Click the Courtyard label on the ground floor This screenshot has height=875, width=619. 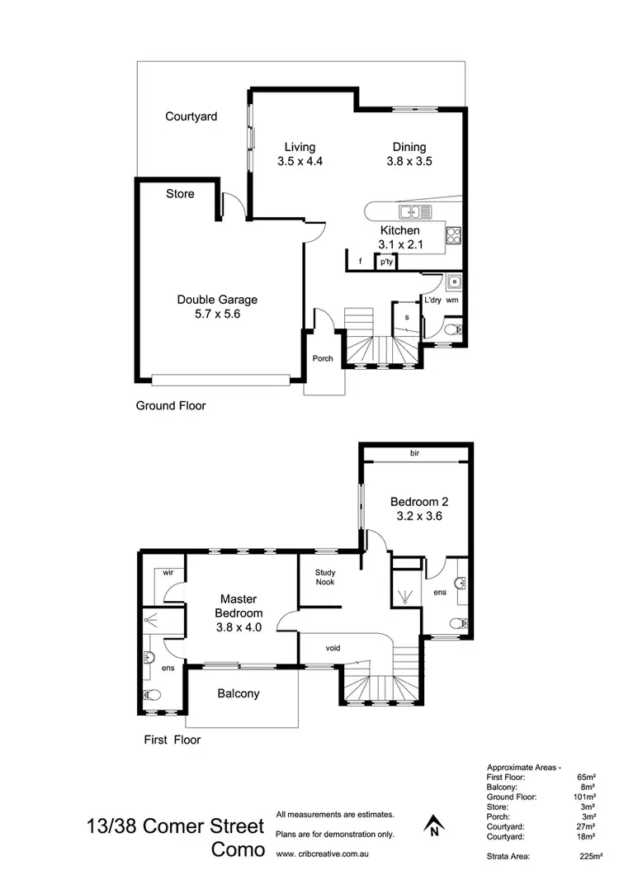(191, 116)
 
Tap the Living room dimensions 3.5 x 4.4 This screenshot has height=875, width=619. (300, 162)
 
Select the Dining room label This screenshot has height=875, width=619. (409, 148)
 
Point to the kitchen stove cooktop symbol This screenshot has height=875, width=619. (453, 234)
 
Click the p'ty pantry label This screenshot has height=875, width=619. (386, 262)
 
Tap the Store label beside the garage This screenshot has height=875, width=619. (180, 193)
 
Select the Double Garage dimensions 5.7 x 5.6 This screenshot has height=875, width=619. (217, 314)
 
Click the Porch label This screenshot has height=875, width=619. (323, 358)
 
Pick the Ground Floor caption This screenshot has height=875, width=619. (171, 405)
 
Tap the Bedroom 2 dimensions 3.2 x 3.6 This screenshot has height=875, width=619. (419, 517)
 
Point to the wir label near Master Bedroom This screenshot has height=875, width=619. (167, 571)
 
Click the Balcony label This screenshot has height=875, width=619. (239, 693)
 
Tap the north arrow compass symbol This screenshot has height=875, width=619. (432, 825)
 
